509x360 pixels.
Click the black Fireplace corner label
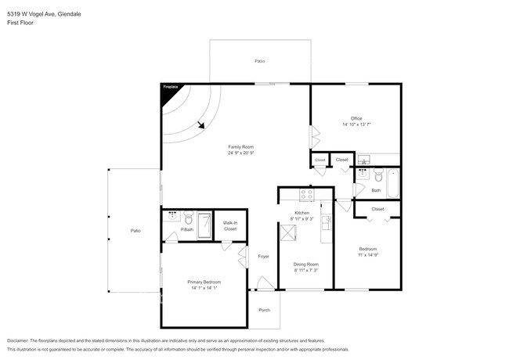click(x=169, y=88)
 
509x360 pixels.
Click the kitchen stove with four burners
click(x=306, y=195)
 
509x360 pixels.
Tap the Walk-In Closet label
click(x=229, y=225)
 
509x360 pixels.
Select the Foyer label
click(x=264, y=256)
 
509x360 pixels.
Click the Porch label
click(x=264, y=310)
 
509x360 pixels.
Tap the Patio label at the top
click(x=259, y=60)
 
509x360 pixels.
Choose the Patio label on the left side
click(x=135, y=230)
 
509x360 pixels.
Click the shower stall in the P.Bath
click(x=204, y=225)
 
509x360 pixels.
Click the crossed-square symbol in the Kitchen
click(x=295, y=231)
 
